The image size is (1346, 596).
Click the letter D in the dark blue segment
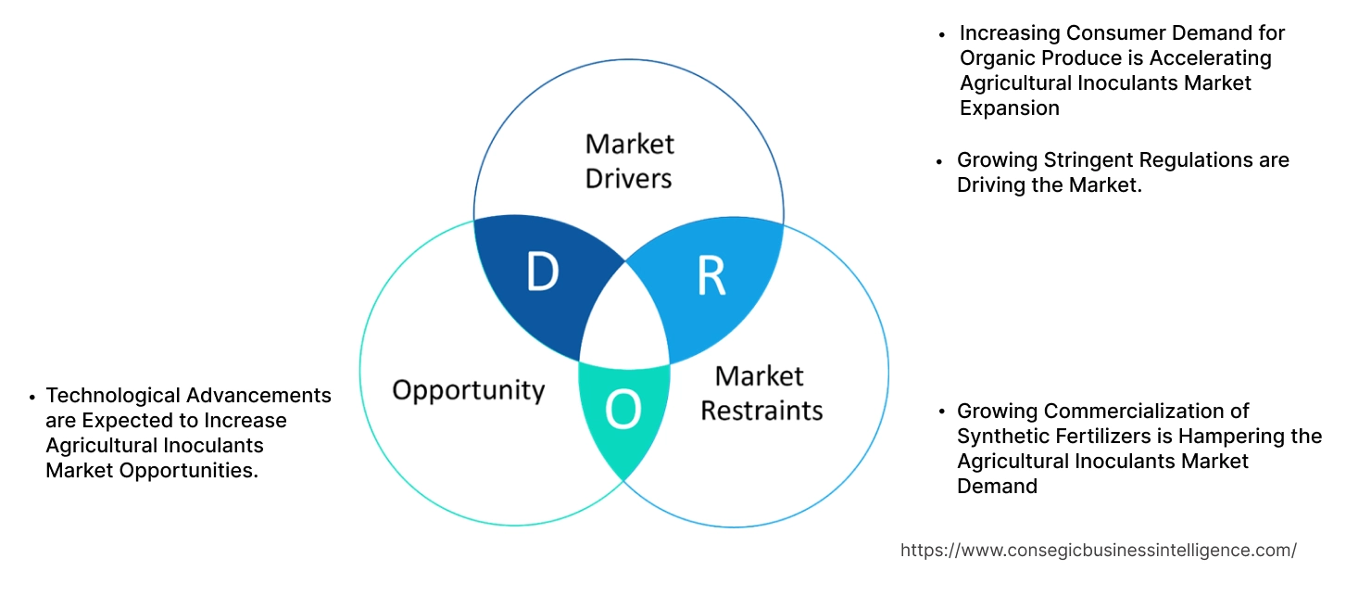coord(542,273)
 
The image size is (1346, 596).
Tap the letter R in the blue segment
coord(711,275)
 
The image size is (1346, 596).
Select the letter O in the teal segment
coord(623,411)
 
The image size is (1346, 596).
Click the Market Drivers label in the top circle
coord(629,160)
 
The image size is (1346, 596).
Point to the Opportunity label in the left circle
coord(468,389)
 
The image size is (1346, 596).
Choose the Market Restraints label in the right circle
coord(761,393)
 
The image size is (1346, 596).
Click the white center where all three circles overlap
coord(624,320)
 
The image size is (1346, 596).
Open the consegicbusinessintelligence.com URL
coord(1098,550)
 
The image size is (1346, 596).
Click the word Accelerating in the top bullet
coord(1211,57)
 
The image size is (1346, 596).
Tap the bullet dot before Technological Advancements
coord(34,397)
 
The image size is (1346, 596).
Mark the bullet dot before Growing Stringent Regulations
coord(942,161)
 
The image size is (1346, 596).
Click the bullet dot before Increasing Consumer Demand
coord(942,34)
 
